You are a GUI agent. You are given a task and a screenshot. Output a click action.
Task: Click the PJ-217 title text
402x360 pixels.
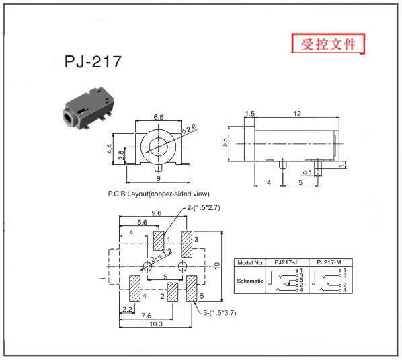point(93,61)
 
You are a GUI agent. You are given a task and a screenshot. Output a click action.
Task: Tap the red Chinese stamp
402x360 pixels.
point(328,44)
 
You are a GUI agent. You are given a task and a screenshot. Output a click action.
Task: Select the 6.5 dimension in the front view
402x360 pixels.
point(159,117)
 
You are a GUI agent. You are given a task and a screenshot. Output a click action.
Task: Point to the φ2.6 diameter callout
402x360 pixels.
point(189,129)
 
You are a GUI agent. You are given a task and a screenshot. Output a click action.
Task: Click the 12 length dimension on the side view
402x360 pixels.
point(297,114)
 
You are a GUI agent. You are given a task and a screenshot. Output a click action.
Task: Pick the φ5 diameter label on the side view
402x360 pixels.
point(225,143)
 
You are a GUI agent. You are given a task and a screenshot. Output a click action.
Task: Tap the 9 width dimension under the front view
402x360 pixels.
point(159,178)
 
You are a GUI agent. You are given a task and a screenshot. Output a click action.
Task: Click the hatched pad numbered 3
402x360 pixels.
point(186,244)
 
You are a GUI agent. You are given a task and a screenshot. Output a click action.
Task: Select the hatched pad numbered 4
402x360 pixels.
point(134,289)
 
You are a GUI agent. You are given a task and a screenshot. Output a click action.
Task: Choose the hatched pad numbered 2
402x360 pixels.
point(173,292)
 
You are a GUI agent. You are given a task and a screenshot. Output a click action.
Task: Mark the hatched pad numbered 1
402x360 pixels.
point(159,241)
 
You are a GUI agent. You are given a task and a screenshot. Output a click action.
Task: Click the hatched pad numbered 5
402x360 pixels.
point(192,289)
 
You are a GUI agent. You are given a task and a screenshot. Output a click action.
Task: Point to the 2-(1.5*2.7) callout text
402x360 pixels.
point(204,207)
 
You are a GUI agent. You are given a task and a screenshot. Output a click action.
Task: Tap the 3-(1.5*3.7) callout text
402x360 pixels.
point(220,313)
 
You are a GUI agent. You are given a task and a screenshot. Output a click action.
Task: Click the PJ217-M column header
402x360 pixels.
point(329,262)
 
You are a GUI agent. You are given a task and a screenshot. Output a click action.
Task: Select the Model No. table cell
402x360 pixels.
point(250,262)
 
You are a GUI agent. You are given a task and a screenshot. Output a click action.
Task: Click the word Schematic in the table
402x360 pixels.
point(250,281)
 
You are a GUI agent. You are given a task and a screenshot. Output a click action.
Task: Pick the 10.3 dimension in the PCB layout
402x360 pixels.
point(156,324)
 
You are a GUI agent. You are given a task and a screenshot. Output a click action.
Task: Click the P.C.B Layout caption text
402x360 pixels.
point(159,194)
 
